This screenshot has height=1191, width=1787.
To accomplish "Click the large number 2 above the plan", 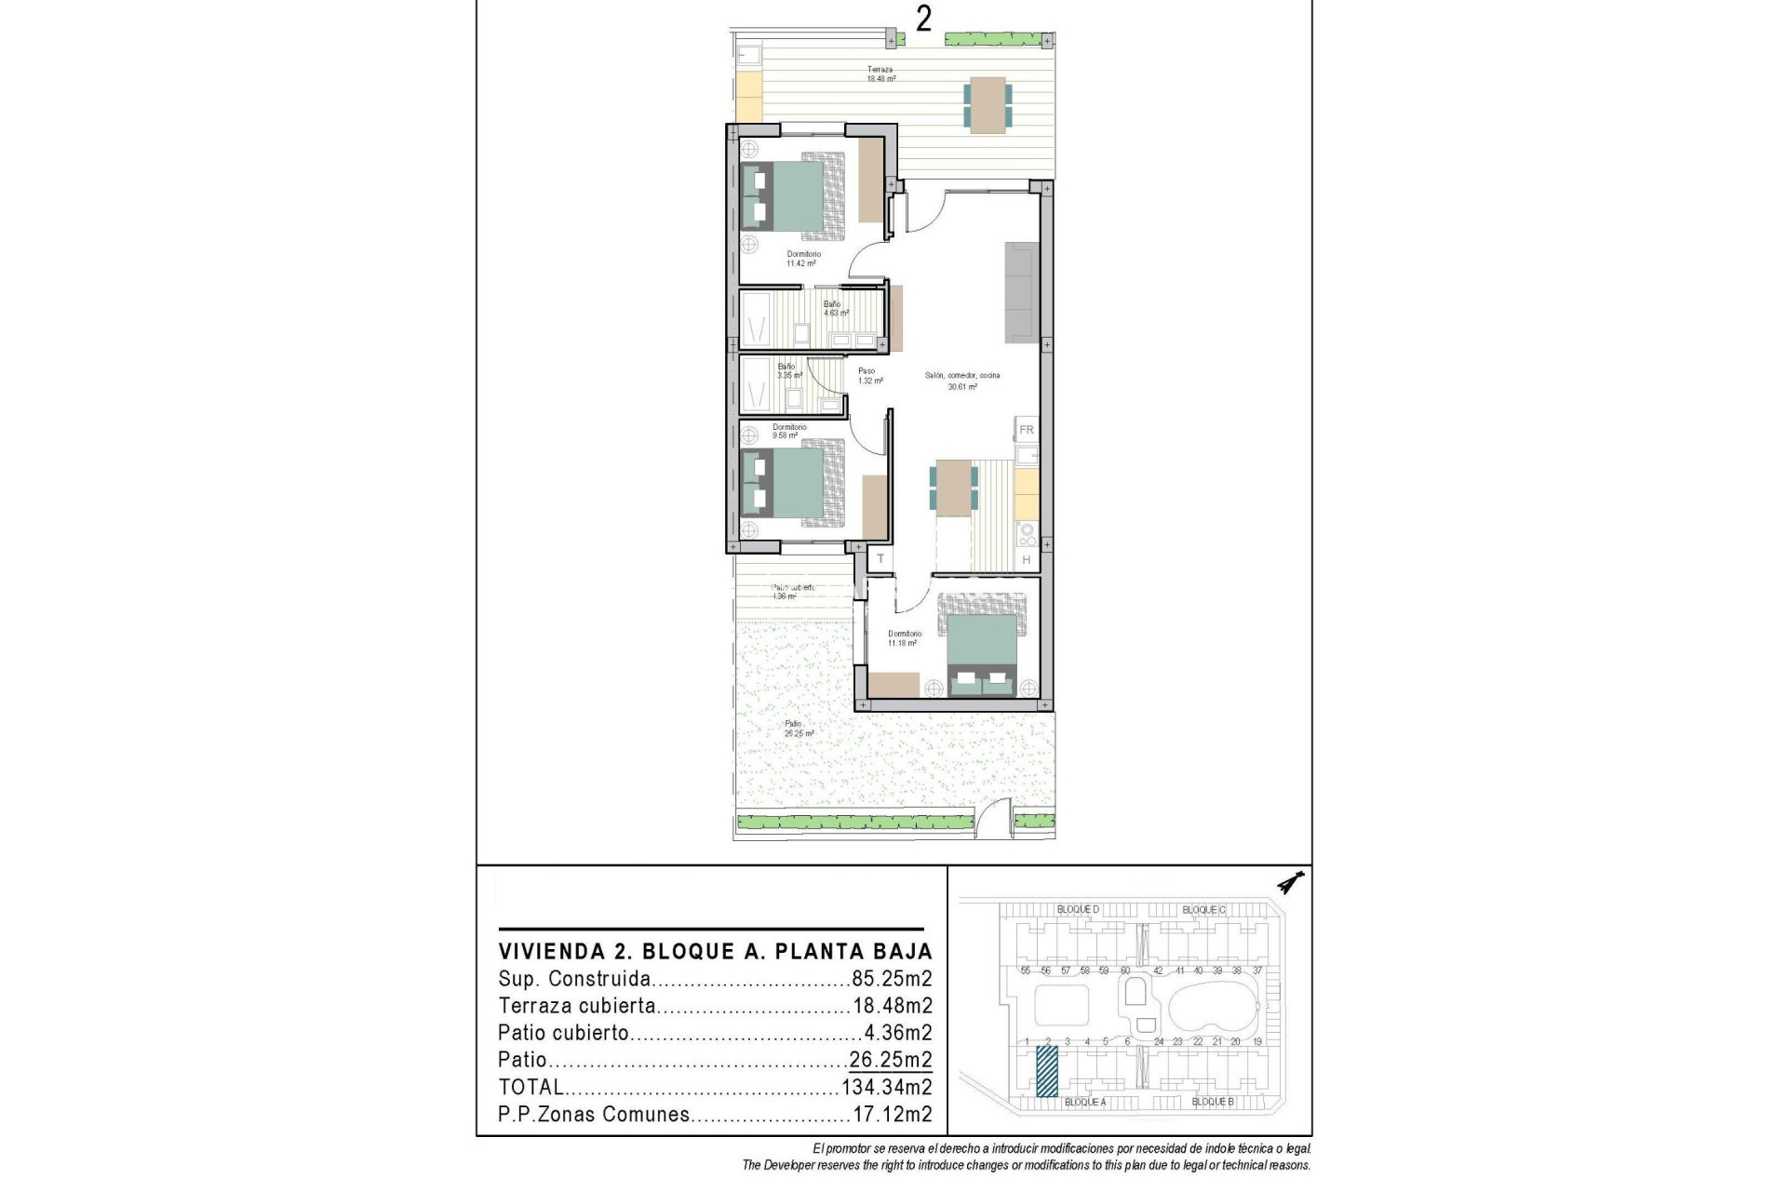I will pyautogui.click(x=922, y=19).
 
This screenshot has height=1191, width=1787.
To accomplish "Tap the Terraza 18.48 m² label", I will pyautogui.click(x=880, y=74).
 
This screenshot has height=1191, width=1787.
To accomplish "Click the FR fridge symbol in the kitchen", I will pyautogui.click(x=1027, y=430).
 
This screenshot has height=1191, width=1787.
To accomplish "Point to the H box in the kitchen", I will pyautogui.click(x=1027, y=560).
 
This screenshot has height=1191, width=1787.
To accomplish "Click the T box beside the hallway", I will pyautogui.click(x=880, y=559).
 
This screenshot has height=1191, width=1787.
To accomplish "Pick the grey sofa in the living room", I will pyautogui.click(x=1021, y=292).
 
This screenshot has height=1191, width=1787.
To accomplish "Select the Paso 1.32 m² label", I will pyautogui.click(x=867, y=376).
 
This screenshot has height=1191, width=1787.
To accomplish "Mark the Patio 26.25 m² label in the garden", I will pyautogui.click(x=797, y=729).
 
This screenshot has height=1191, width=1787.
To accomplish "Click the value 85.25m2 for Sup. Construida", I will pyautogui.click(x=892, y=979).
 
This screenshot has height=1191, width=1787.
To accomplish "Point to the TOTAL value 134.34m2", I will pyautogui.click(x=886, y=1087).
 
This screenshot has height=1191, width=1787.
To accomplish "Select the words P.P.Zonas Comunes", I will pyautogui.click(x=594, y=1115).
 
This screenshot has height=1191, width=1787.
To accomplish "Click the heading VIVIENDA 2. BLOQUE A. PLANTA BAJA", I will pyautogui.click(x=715, y=952).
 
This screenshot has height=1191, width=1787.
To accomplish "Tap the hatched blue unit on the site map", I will pyautogui.click(x=1047, y=1071).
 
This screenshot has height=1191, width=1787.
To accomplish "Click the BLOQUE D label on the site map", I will pyautogui.click(x=1078, y=909).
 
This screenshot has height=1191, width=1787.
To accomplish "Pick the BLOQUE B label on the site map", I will pyautogui.click(x=1213, y=1102).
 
